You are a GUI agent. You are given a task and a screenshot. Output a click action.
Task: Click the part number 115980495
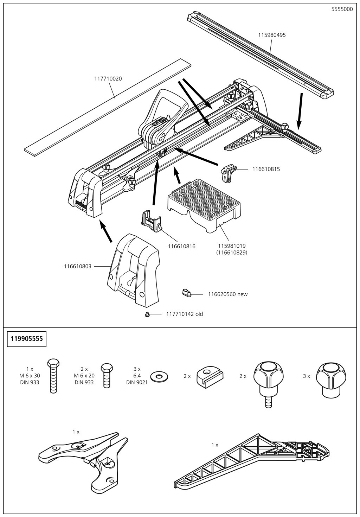[272, 35]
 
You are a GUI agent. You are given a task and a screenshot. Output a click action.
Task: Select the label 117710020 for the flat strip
[108, 79]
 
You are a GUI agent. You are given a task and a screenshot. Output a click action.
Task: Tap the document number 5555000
[342, 9]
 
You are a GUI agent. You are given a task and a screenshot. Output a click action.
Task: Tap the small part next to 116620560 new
[186, 293]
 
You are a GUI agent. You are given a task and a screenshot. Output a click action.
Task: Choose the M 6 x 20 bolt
[107, 375]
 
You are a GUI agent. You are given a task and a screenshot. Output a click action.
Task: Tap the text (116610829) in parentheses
[232, 253]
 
